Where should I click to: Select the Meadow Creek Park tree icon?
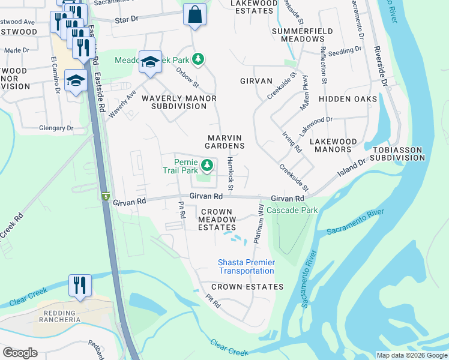[x=199, y=59]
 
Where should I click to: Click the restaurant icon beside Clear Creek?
[x=80, y=286]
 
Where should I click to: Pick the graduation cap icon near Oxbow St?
[x=150, y=62]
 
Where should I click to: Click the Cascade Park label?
[x=292, y=211]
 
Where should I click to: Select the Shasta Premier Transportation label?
[x=246, y=267]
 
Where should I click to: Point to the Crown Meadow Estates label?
[x=217, y=220]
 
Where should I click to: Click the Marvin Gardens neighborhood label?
[x=225, y=142]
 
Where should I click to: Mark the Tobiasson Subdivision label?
[x=397, y=154]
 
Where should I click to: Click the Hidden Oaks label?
[x=348, y=99]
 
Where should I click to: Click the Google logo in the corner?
[x=20, y=353]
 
